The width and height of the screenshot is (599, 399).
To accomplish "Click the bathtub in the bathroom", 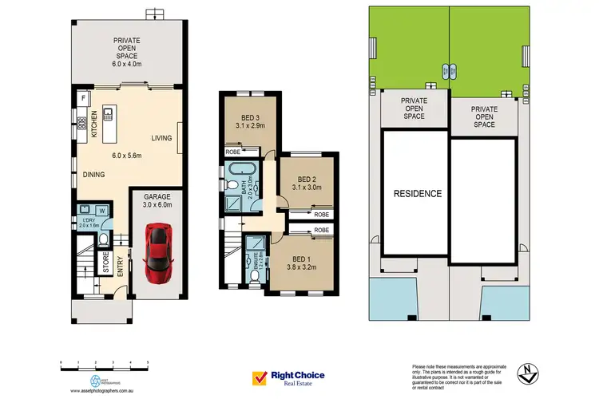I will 238,169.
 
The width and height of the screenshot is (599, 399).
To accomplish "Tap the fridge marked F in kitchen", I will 82,99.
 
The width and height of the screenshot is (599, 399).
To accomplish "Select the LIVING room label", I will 162,139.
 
